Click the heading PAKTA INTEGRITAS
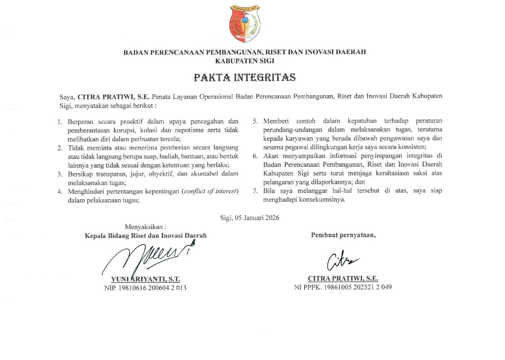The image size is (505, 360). (x=244, y=78)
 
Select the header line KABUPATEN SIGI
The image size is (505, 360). (x=245, y=60)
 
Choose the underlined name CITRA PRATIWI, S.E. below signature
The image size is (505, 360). (x=343, y=279)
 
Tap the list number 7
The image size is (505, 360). (x=255, y=191)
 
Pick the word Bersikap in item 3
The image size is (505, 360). (x=80, y=174)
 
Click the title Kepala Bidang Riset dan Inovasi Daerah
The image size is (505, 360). (x=145, y=236)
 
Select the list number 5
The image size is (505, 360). (x=255, y=121)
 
